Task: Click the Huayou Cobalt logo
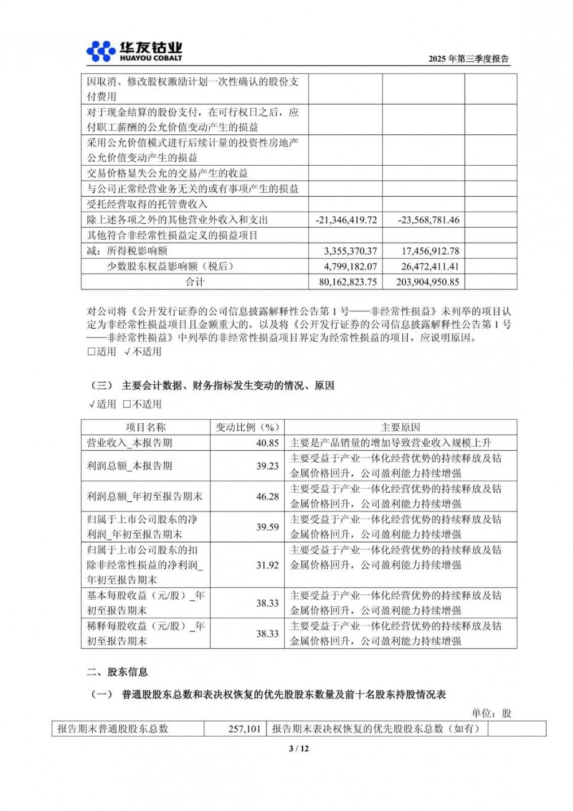[x=134, y=51]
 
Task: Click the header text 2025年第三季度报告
[x=468, y=59]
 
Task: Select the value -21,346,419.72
[x=346, y=220]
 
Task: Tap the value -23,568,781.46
[x=428, y=220]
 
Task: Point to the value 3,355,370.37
[x=350, y=251]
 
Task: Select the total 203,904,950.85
[x=427, y=282]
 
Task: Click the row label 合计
[x=194, y=282]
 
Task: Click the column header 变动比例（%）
[x=247, y=427]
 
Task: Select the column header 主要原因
[x=400, y=427]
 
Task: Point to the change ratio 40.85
[x=267, y=443]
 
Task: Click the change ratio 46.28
[x=267, y=497]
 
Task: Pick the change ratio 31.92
[x=267, y=565]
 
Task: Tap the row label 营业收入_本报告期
[x=129, y=443]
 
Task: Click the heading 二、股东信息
[x=117, y=672]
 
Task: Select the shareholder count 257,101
[x=244, y=729]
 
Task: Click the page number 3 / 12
[x=299, y=748]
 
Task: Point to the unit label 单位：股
[x=491, y=713]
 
